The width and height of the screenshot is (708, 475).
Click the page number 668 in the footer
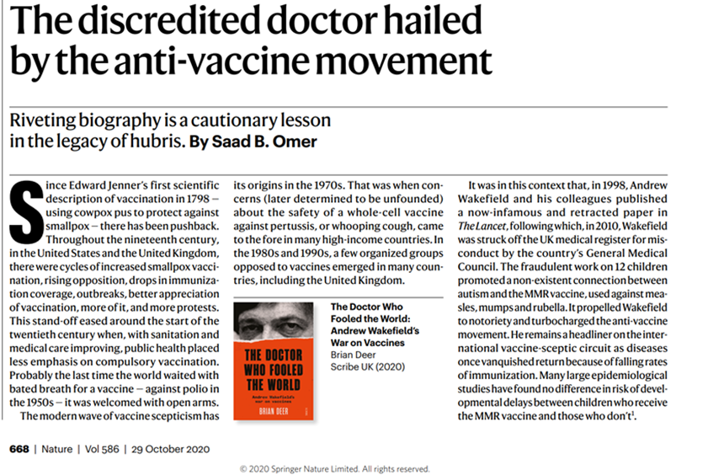point(19,447)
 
